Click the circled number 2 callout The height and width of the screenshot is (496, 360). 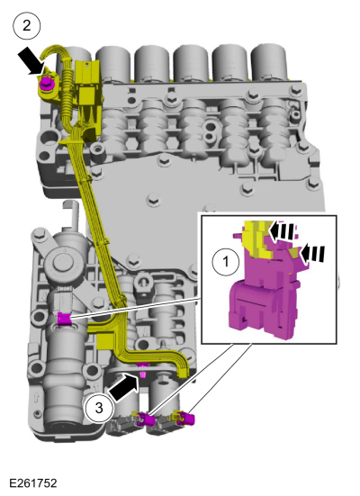point(27,25)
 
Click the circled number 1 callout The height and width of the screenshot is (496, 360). point(226,262)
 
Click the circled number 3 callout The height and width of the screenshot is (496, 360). point(99,409)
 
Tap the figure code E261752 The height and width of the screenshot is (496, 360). point(33,483)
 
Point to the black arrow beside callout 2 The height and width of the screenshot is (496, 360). point(31,62)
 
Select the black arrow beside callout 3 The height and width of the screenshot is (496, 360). point(124,386)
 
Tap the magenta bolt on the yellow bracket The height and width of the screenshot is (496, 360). point(44,84)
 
